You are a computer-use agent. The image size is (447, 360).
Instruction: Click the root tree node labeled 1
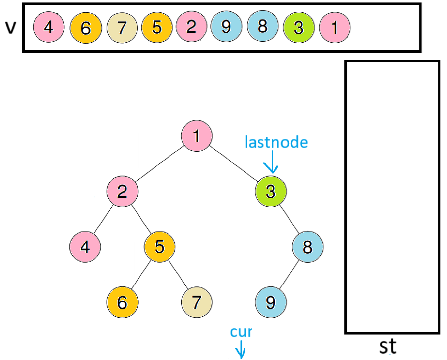point(197,136)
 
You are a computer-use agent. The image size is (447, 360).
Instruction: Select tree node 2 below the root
point(122,191)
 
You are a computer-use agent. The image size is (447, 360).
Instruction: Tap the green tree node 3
point(271,191)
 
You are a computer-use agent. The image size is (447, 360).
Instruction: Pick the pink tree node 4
point(85,247)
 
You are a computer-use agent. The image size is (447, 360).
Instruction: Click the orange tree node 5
point(160,247)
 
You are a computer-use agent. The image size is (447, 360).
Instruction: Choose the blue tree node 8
point(307,247)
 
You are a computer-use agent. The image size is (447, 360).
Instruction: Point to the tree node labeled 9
point(271,302)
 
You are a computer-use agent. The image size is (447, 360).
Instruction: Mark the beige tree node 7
point(197,302)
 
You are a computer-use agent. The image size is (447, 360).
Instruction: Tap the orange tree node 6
point(122,302)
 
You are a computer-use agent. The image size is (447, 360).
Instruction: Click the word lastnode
point(276,142)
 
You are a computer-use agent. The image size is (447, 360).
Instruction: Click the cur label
point(241,332)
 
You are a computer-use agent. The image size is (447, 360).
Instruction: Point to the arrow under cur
point(241,349)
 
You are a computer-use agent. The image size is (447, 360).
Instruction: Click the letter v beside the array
point(11,27)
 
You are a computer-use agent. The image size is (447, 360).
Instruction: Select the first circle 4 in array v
point(49,27)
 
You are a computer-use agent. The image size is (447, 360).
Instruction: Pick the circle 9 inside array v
point(226,26)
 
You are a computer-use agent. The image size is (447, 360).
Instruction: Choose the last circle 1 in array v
point(335,27)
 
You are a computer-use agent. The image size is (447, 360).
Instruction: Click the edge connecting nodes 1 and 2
point(159,164)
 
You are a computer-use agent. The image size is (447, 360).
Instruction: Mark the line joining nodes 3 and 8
point(289,219)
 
